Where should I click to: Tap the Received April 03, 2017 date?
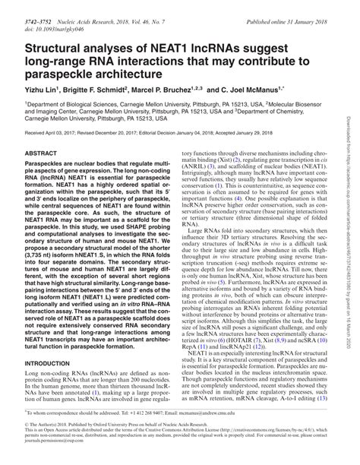55,154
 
